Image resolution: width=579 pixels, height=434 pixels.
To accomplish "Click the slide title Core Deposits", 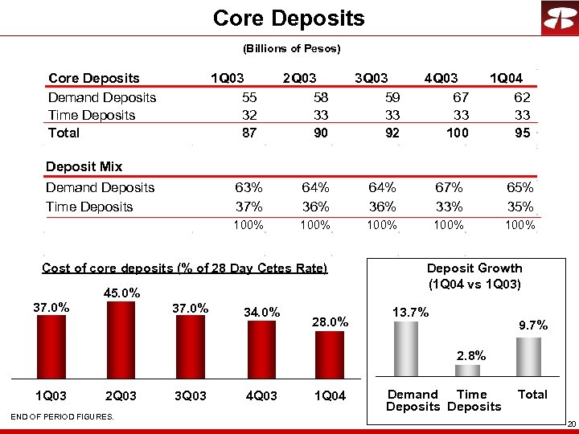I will click(289, 18).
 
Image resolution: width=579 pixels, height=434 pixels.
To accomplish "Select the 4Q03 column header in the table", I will click(441, 79).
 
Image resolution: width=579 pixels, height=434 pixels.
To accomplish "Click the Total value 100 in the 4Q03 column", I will click(457, 133).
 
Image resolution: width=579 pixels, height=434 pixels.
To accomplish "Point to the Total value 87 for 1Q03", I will click(249, 133).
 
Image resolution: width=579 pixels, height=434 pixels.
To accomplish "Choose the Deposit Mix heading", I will click(84, 167).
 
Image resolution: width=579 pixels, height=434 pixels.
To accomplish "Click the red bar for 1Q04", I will click(328, 354).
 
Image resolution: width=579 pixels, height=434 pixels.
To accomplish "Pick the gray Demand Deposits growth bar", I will click(405, 349).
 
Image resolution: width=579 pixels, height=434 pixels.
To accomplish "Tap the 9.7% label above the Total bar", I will click(532, 325).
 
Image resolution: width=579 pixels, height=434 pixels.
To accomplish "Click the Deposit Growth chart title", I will click(474, 276).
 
